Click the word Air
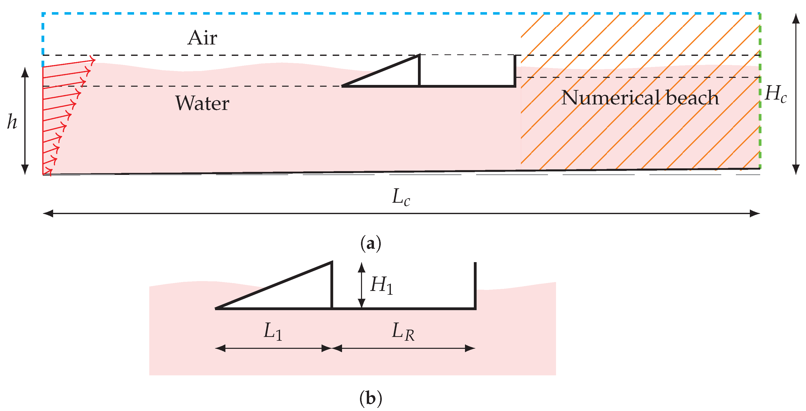[x=202, y=38]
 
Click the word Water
[x=202, y=103]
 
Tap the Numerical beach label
[x=640, y=98]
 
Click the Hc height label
[x=775, y=94]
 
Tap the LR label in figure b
[x=403, y=332]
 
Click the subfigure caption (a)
[x=371, y=243]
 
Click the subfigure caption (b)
[x=371, y=399]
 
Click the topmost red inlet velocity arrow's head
[x=93, y=60]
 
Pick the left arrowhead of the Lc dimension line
[x=48, y=214]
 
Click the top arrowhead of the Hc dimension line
[x=796, y=18]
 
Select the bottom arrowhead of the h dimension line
[x=25, y=170]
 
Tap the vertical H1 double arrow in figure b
[x=362, y=285]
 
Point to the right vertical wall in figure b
[x=475, y=285]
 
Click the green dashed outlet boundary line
[x=760, y=94]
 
